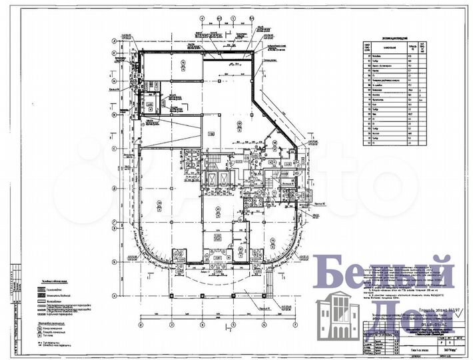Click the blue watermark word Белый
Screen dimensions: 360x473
pos(384,273)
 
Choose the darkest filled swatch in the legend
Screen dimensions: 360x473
pos(45,291)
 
